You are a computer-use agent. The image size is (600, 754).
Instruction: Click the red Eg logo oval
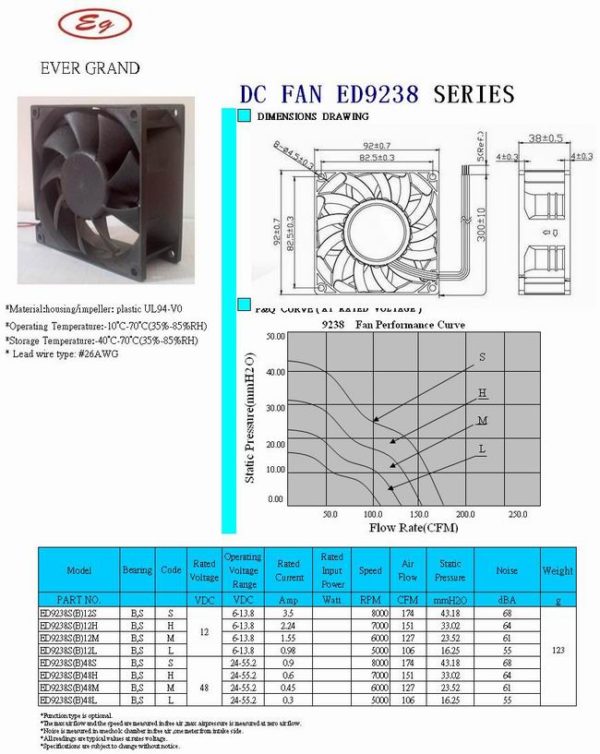point(94,25)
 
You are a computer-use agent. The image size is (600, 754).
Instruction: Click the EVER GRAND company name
point(89,69)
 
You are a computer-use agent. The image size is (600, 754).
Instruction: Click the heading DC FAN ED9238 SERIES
point(377,95)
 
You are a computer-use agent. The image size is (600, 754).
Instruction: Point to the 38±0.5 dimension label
point(546,137)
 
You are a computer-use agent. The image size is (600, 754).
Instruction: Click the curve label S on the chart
point(482,357)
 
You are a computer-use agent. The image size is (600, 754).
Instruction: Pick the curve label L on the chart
point(482,449)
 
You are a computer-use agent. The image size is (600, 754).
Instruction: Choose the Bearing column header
point(137,570)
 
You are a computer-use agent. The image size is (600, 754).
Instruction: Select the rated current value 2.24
point(288,624)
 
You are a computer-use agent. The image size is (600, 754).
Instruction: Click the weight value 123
point(557,650)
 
